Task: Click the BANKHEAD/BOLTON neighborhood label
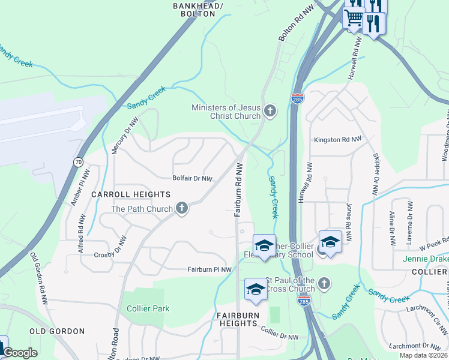[198, 9]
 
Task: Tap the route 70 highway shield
[78, 162]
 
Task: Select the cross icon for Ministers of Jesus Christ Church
[270, 110]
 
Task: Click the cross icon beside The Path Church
[182, 209]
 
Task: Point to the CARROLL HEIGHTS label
[131, 194]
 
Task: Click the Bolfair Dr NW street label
[193, 178]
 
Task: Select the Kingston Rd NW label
[338, 139]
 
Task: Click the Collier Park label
[148, 308]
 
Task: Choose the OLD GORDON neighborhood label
[57, 331]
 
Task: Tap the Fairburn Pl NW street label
[209, 270]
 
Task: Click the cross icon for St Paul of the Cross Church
[324, 282]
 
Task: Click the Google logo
[20, 353]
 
